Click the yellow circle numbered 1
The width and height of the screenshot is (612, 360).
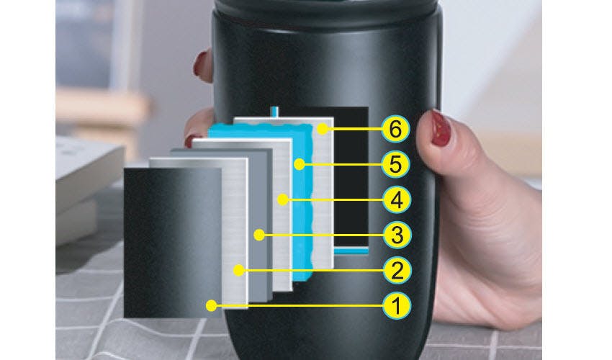point(397,306)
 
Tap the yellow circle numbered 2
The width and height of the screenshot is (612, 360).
point(397,271)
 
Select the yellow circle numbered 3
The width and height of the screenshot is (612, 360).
point(397,235)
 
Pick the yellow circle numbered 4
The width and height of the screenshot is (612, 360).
point(397,200)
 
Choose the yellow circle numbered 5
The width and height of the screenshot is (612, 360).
point(395,164)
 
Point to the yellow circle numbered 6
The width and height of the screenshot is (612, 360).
point(395,129)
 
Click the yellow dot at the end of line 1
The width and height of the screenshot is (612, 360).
point(211,306)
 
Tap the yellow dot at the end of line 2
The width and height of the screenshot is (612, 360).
point(239,270)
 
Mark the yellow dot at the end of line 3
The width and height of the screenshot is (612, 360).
point(258,235)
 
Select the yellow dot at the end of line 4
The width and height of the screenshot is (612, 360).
point(282,200)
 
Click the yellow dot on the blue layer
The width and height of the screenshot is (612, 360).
point(300,164)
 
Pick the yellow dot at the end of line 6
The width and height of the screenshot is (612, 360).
point(323,129)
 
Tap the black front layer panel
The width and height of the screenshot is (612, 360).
point(173,243)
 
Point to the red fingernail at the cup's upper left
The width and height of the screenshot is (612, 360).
point(200,63)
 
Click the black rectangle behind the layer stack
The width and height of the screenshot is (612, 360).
point(351,176)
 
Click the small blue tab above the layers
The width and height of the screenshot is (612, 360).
point(275,112)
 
